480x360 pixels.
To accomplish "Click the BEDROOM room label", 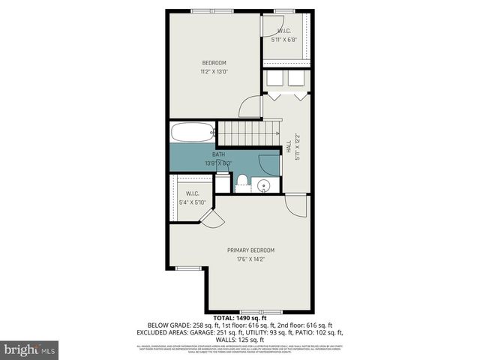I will point(214,62).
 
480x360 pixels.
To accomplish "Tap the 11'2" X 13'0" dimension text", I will point(214,72).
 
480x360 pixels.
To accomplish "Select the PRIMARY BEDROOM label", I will point(251,250).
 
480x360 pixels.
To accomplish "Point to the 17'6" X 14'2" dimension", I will point(251,260).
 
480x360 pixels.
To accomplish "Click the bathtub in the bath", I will point(193,133).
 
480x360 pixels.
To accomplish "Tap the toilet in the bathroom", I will point(242,181).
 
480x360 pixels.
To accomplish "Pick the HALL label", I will point(289,148).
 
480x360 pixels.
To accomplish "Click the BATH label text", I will point(218,154).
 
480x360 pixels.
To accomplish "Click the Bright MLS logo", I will point(30,349).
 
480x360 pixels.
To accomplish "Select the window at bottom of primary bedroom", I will point(250,311).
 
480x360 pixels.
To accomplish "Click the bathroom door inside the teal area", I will point(268,163).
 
